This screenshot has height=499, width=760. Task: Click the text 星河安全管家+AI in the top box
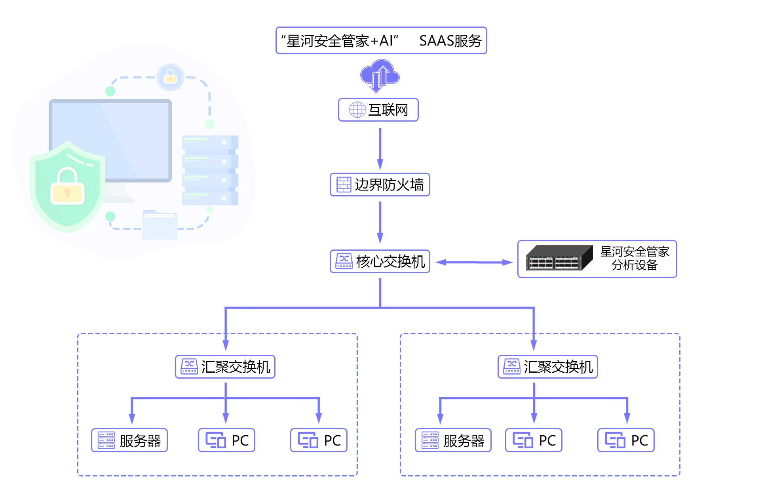point(340,41)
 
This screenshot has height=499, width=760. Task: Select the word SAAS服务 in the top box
point(450,41)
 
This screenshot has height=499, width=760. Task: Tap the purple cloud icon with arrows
point(380,76)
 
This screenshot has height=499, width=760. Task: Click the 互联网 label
point(388,110)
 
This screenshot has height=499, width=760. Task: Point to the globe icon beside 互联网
point(357,110)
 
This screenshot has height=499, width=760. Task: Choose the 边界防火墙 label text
point(389,185)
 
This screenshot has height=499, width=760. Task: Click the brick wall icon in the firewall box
point(344,185)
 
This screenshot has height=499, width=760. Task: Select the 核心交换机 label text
point(390,261)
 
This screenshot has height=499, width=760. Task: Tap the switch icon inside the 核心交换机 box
point(344,261)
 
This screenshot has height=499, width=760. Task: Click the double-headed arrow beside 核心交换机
point(474,262)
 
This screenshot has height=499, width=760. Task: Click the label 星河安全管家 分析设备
point(635,258)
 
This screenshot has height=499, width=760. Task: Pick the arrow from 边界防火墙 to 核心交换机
point(380,222)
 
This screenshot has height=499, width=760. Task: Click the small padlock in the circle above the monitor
point(170,76)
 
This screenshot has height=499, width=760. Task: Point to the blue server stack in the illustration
point(210,170)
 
